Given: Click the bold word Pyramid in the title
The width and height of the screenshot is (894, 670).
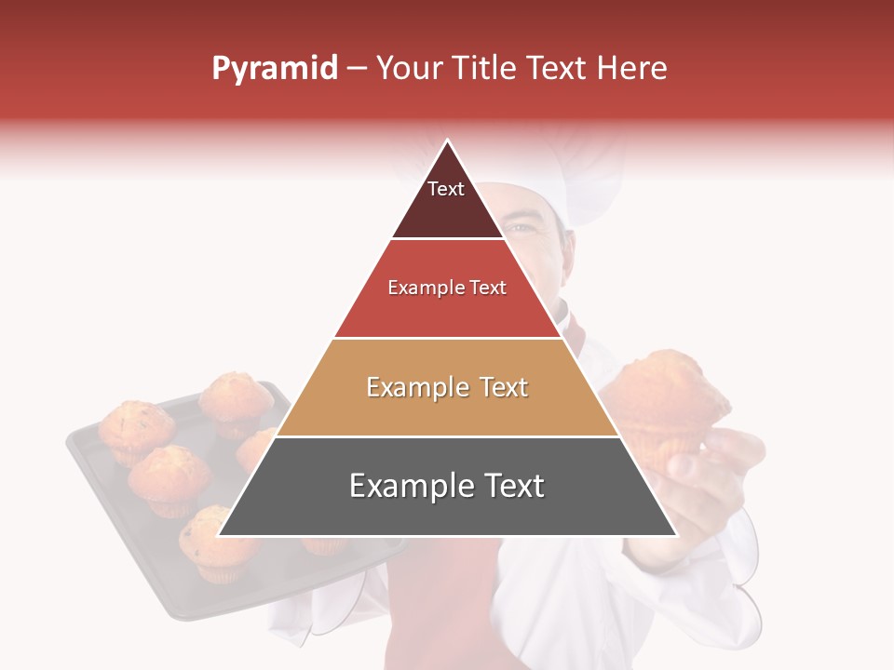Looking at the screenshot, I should pos(275,69).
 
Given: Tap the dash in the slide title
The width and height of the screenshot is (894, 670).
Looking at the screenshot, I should pos(356,69).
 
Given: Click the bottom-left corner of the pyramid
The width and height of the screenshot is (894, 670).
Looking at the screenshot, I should pos(219,535).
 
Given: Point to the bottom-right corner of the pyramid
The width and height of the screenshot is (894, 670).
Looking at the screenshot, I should pos(676,535).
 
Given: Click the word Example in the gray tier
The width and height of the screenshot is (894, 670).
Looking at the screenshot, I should pos(406,486).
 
